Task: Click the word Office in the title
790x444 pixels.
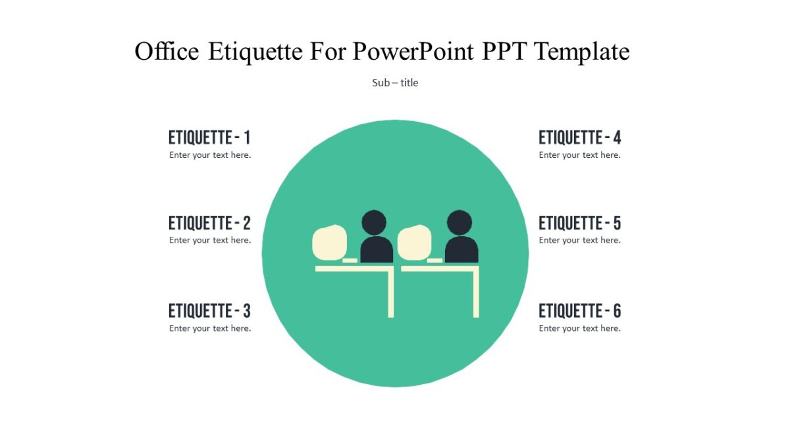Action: (167, 51)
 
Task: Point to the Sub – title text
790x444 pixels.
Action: (395, 83)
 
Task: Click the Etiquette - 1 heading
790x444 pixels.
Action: (209, 138)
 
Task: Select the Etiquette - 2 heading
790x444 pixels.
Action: (209, 223)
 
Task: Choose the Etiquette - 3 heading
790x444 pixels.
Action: (209, 311)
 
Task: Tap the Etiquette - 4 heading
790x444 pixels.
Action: (579, 138)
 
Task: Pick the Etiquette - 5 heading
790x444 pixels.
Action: (579, 223)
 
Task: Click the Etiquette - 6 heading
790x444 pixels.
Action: (579, 311)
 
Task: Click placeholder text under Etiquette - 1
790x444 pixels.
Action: (210, 155)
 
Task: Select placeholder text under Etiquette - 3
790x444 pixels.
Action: (210, 328)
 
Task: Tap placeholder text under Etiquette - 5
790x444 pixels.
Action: (579, 240)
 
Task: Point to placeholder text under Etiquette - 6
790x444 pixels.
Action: (579, 328)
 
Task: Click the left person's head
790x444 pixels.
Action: (374, 222)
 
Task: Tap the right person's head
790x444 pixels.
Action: (460, 222)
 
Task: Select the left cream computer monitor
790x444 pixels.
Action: (329, 241)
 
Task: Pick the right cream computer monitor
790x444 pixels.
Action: (414, 241)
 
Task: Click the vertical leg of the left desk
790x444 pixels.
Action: (390, 294)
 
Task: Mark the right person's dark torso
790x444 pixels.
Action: (461, 250)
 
